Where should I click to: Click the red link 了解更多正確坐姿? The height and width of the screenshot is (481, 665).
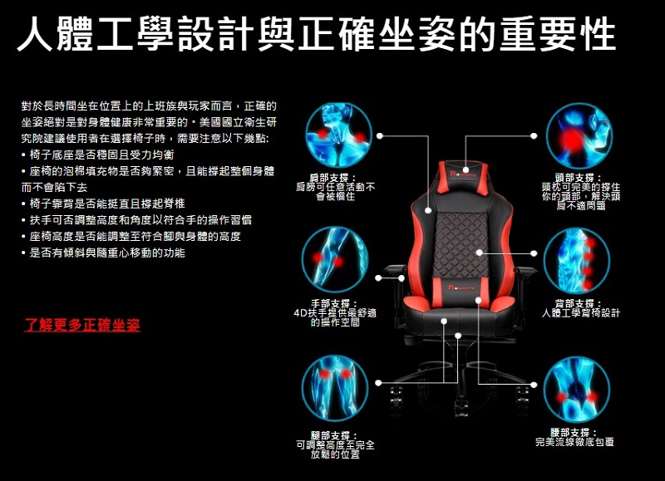[82, 325]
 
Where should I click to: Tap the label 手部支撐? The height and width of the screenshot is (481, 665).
[334, 302]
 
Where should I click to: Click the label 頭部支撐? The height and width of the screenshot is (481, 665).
[575, 178]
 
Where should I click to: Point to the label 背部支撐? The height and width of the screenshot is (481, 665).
[575, 302]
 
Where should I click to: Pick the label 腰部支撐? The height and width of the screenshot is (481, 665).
[575, 433]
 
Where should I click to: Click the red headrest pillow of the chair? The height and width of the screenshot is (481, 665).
[461, 175]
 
